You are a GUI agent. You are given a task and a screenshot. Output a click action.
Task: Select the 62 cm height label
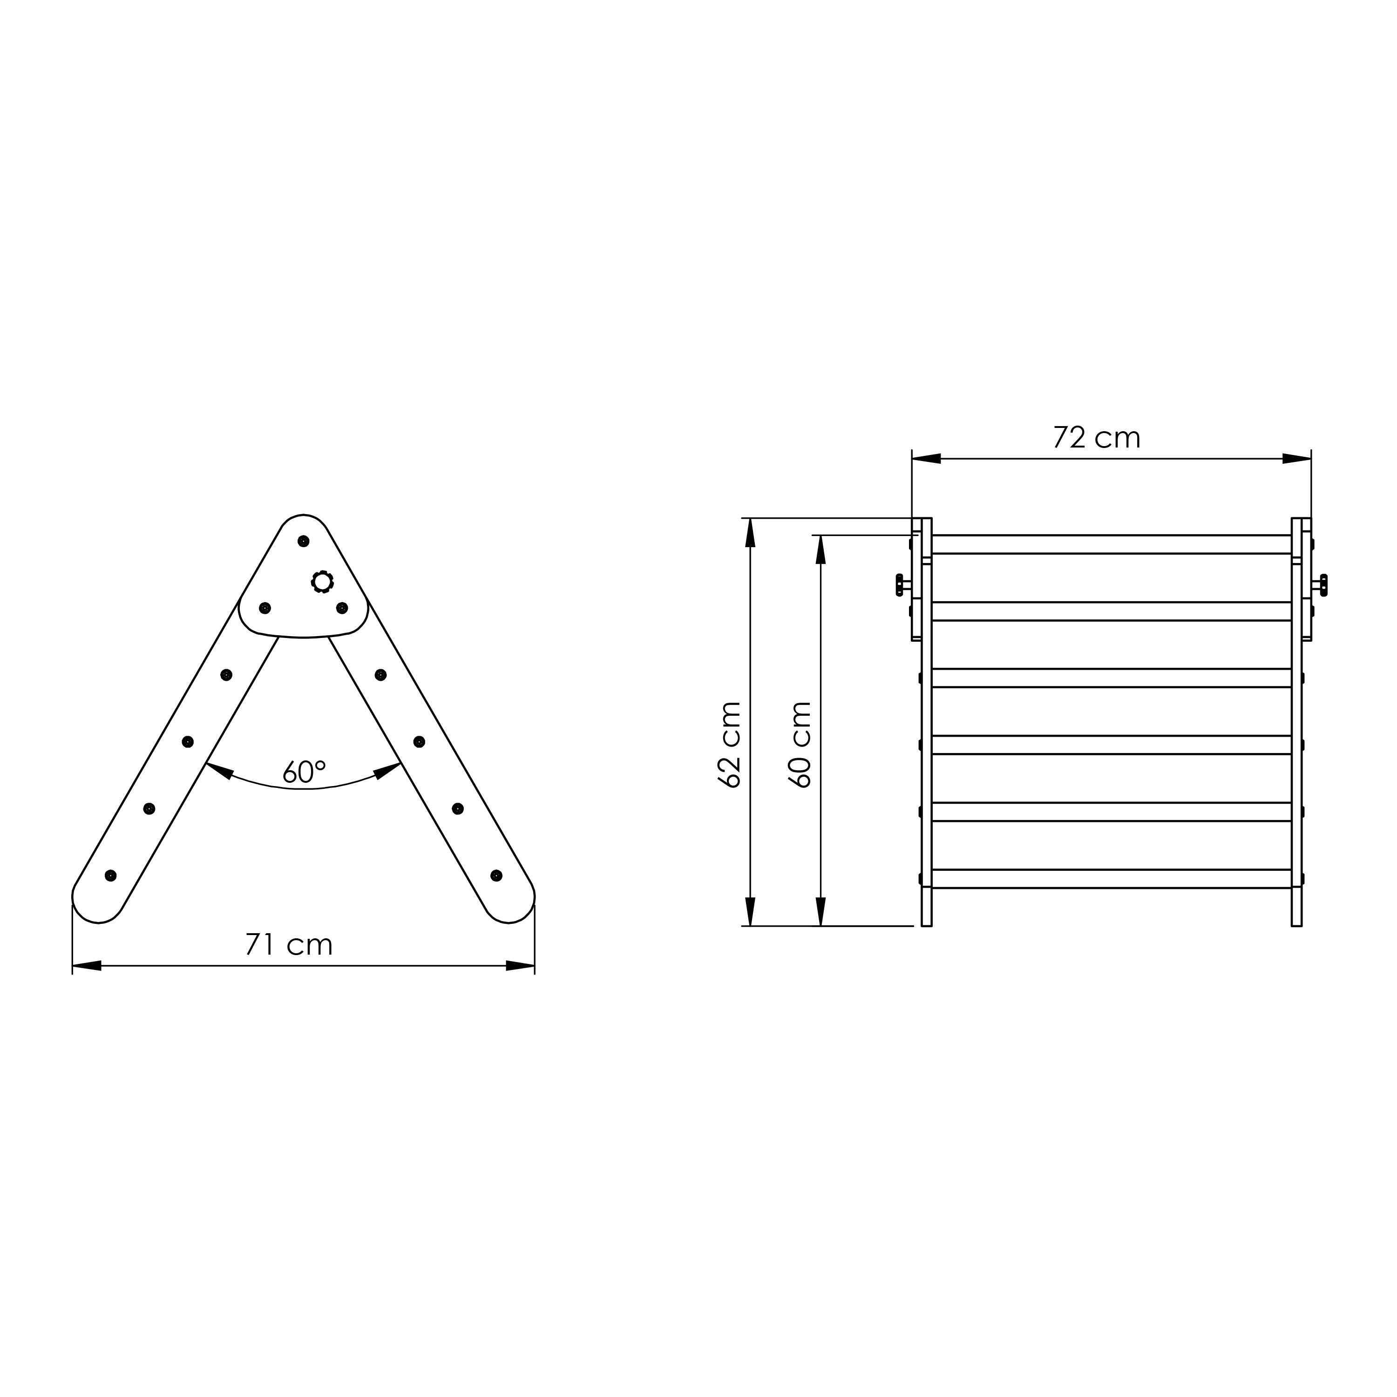pos(730,745)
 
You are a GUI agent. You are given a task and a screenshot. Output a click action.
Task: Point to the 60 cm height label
pos(801,745)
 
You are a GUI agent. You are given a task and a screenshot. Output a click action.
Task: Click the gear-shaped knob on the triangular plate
pos(322,581)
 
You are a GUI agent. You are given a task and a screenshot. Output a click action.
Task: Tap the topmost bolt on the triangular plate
pos(304,541)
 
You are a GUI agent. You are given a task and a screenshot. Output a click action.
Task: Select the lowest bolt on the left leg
pos(111,875)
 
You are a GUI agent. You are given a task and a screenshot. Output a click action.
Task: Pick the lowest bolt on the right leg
pos(496,875)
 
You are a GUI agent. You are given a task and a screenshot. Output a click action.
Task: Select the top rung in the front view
pos(1112,544)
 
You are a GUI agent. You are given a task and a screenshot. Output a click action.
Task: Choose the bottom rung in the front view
pos(1112,879)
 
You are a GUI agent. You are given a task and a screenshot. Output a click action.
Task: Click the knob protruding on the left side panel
pos(900,584)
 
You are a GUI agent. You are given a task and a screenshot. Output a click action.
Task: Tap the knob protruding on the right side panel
pos(1323,584)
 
